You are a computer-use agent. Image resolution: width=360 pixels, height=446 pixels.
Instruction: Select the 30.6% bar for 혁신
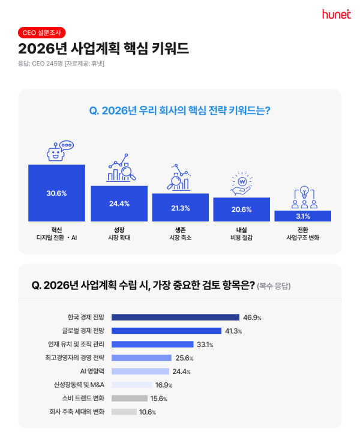tap(56, 193)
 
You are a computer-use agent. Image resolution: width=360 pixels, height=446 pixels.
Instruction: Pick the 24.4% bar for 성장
tap(119, 203)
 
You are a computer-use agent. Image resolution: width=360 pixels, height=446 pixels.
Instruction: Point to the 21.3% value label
tap(180, 208)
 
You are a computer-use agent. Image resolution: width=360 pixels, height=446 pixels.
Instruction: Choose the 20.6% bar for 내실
tap(241, 209)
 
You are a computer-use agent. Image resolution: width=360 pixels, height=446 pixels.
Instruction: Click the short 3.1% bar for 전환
tap(302, 216)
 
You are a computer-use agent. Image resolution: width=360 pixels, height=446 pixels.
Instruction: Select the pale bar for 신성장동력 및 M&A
tap(131, 385)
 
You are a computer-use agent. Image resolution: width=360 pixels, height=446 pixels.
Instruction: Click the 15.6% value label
tap(159, 399)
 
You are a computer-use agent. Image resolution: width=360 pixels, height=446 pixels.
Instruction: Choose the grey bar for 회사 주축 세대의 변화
tap(124, 412)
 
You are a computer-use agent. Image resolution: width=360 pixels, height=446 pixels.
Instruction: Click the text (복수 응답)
tap(277, 286)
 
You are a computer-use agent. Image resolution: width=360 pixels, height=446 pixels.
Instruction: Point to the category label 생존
tap(180, 229)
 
